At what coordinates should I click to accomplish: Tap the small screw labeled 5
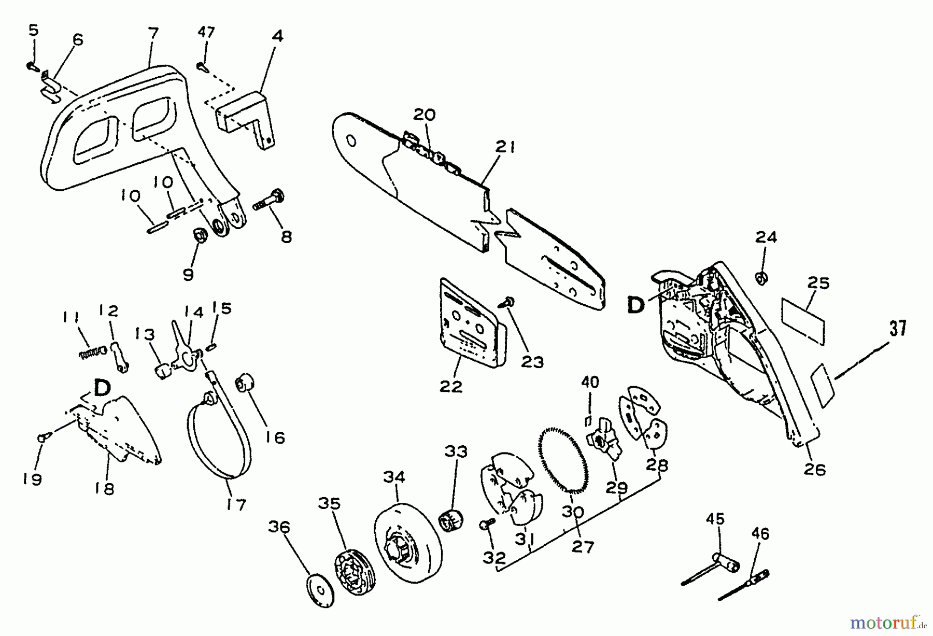[31, 66]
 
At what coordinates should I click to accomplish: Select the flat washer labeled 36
[319, 589]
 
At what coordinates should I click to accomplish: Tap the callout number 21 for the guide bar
[505, 147]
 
